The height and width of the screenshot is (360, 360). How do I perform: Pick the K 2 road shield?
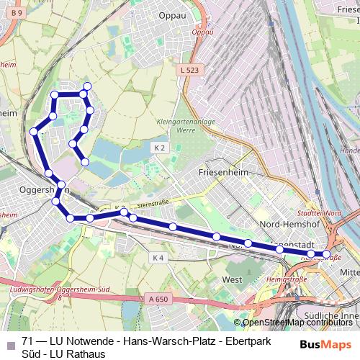point(159,147)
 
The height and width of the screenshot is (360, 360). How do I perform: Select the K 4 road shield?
point(158,257)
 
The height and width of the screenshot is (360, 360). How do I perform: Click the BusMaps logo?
point(327,344)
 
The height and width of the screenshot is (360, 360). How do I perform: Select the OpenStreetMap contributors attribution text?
point(297,322)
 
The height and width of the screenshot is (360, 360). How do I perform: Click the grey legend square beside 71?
point(9,341)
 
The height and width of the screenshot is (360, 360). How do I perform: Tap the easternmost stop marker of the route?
point(327,254)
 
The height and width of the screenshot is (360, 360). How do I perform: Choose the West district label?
point(232,279)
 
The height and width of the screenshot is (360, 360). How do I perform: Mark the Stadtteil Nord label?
point(323,213)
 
